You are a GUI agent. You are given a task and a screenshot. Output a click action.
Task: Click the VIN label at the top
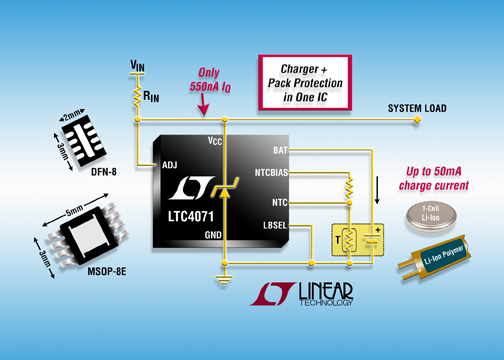pyautogui.click(x=137, y=65)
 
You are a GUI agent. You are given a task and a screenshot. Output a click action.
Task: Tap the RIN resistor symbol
pyautogui.click(x=137, y=97)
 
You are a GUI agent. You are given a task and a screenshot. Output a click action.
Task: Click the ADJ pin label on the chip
pyautogui.click(x=169, y=165)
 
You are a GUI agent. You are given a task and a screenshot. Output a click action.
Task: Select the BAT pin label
pyautogui.click(x=280, y=151)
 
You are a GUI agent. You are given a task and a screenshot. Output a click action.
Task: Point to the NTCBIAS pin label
pyautogui.click(x=271, y=173)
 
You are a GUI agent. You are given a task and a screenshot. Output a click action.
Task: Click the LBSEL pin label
pyautogui.click(x=275, y=226)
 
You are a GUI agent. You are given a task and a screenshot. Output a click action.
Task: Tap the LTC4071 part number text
pyautogui.click(x=191, y=217)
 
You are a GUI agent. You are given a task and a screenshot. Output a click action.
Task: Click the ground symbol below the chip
pyautogui.click(x=224, y=279)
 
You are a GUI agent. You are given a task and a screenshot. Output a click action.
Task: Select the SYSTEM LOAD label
pyautogui.click(x=417, y=108)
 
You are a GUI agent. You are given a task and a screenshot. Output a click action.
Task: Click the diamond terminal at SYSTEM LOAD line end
pyautogui.click(x=417, y=120)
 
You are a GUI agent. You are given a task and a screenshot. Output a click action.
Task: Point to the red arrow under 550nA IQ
pyautogui.click(x=203, y=105)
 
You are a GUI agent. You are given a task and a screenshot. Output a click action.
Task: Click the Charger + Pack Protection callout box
pyautogui.click(x=305, y=83)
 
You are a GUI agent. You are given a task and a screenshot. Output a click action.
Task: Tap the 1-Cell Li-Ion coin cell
pyautogui.click(x=431, y=216)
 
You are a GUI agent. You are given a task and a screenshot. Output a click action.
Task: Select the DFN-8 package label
pyautogui.click(x=104, y=172)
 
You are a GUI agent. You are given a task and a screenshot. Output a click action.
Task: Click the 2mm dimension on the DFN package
pyautogui.click(x=72, y=115)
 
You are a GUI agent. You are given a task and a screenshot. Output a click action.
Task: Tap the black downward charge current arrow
pyautogui.click(x=377, y=190)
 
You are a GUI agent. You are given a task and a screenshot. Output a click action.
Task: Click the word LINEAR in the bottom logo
pyautogui.click(x=325, y=291)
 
